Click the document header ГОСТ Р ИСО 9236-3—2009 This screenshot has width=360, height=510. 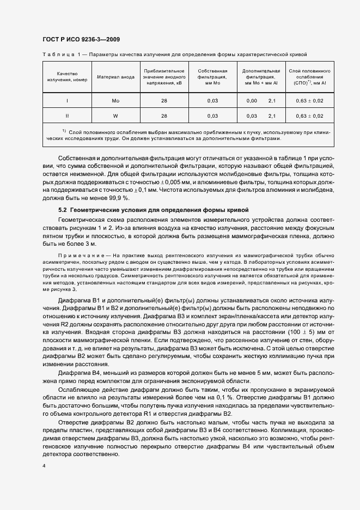[81, 39]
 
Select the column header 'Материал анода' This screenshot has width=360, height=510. [115, 77]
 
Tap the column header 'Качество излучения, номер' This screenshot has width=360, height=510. [67, 77]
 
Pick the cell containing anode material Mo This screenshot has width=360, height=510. [115, 101]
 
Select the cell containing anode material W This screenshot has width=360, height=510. [115, 116]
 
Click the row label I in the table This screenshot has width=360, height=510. [67, 101]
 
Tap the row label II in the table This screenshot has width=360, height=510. [67, 116]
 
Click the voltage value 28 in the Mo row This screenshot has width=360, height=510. [164, 101]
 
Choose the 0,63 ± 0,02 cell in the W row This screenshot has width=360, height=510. [309, 116]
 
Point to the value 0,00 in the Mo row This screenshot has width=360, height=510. [251, 101]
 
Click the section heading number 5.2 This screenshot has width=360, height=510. [63, 210]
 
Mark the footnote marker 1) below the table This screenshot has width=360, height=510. [64, 131]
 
